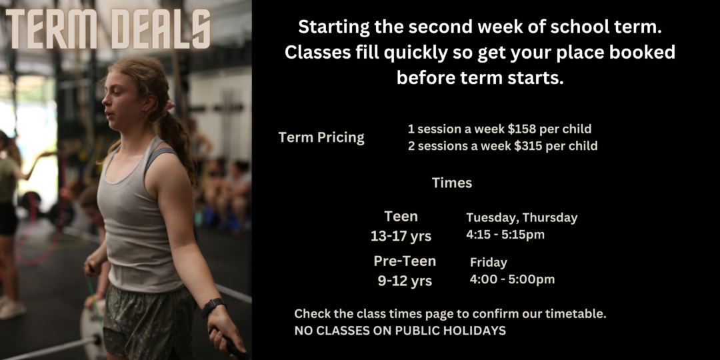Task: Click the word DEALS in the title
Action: point(161,29)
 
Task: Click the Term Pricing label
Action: point(321,138)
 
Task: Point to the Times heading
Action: point(452,183)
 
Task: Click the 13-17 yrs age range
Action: point(401,236)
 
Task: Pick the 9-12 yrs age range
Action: point(405,281)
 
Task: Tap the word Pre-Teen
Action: point(405,261)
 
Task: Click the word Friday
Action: point(489,263)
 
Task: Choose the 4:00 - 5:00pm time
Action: point(512,279)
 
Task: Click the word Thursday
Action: point(549,217)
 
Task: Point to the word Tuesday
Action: point(492,218)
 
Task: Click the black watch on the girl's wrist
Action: point(213,307)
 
